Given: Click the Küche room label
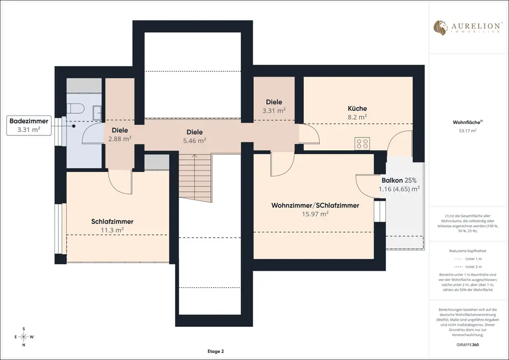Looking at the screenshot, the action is tap(357, 108).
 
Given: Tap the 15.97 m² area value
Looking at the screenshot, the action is tap(315, 214).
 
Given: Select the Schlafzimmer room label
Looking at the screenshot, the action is tap(112, 221).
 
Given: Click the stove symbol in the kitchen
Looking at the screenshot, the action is tap(362, 144).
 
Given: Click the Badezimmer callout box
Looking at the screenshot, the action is tap(29, 125).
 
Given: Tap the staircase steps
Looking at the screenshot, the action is tap(195, 176).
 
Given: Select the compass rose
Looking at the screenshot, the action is tap(24, 337).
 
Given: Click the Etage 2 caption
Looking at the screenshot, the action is tap(215, 351).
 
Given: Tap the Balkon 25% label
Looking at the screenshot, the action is tap(399, 180).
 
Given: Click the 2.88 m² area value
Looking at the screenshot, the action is tap(120, 139).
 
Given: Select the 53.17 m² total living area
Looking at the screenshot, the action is tap(467, 131).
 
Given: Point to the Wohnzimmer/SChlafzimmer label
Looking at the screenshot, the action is tap(315, 206).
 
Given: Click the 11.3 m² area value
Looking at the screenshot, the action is tap(112, 230).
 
